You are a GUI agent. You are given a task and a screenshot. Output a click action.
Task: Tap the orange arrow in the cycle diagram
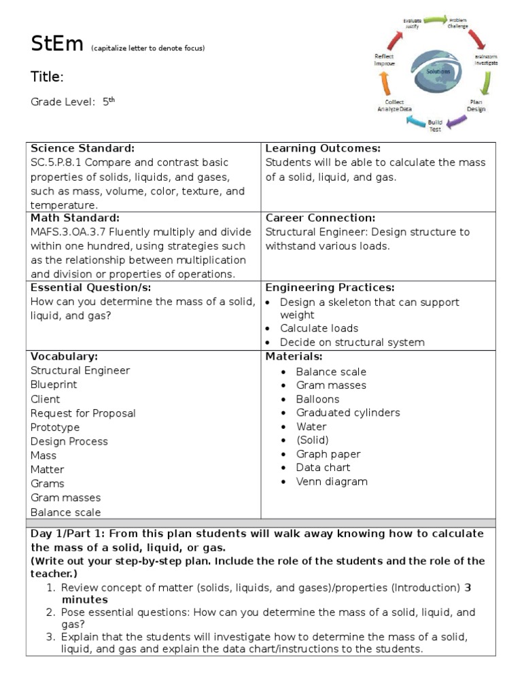coord(386,83)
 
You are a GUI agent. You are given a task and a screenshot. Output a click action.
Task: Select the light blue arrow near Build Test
coord(414,122)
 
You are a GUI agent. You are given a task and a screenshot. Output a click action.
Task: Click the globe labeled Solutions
coord(436,71)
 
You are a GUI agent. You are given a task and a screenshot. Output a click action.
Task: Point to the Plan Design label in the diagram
coord(476,105)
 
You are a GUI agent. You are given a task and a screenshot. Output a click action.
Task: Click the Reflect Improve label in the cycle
coord(384,60)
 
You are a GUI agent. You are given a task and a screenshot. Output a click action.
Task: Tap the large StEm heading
coord(57,44)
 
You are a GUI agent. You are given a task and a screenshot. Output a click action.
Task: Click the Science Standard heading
coord(82,148)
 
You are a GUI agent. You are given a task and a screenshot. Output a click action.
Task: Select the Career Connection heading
coord(319,217)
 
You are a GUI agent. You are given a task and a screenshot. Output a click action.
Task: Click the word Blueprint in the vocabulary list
coord(54,384)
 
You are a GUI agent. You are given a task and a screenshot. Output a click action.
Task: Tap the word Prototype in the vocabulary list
coord(55,427)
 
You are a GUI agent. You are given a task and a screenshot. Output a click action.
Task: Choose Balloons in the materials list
coord(317,399)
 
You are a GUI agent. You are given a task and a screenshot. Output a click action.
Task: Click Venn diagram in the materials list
coord(332,481)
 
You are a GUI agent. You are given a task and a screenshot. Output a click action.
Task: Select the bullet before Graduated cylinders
coord(284,413)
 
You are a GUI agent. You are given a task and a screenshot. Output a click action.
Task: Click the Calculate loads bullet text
coord(319,328)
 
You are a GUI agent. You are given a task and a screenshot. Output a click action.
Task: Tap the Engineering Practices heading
coord(330,288)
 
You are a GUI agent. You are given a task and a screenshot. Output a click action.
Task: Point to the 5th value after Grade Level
coord(108,101)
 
